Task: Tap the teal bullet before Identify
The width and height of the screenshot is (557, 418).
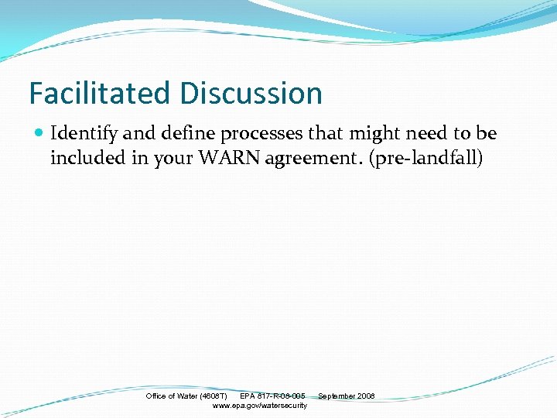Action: coord(39,134)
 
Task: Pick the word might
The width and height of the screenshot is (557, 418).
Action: coord(375,134)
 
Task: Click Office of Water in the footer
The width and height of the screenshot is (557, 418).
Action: coord(172,396)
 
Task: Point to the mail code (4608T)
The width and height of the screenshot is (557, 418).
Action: coord(214,396)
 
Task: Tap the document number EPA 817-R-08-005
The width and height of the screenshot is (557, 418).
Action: coord(272,396)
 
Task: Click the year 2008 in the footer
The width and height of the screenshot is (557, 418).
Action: coord(366,396)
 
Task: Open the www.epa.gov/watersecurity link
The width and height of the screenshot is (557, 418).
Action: coord(259,406)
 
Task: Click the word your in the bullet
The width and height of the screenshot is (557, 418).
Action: coord(176,159)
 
